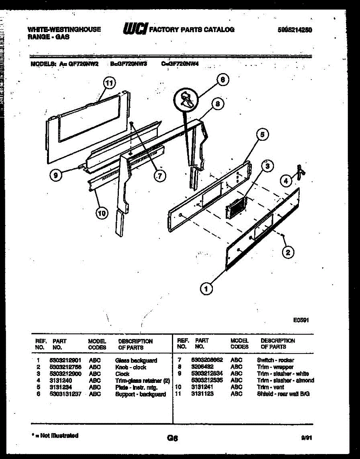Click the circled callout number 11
pos(109,83)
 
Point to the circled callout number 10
pos(102,213)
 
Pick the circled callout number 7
pos(160,176)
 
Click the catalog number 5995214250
pos(295,29)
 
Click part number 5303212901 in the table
pos(65,360)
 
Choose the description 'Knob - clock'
pos(131,367)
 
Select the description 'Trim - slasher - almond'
pos(285,380)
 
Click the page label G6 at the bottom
pos(173,438)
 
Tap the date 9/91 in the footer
pos(307,438)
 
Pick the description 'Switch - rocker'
pos(276,360)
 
